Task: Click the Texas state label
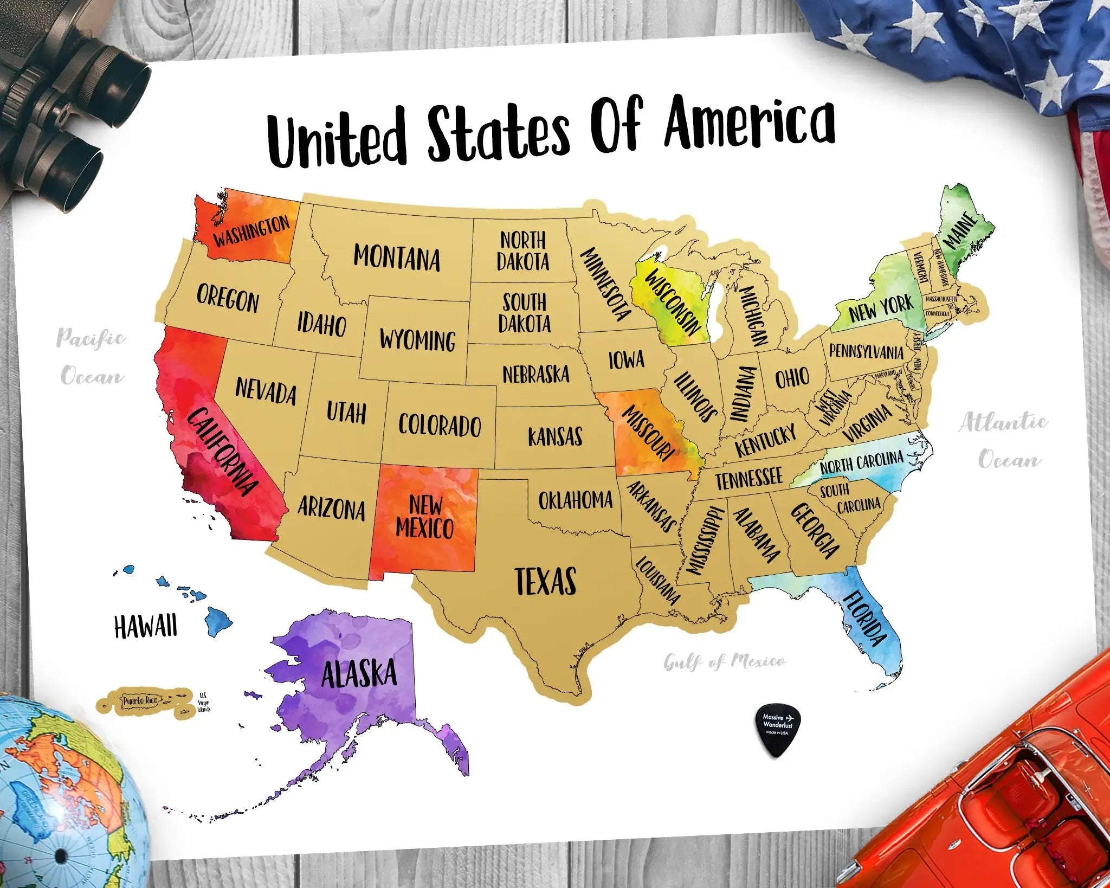click(x=545, y=581)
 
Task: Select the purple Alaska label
click(x=359, y=674)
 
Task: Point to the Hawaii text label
click(x=145, y=627)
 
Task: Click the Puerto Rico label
click(x=140, y=701)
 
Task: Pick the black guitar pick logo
click(x=778, y=724)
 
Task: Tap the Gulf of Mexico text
click(x=725, y=661)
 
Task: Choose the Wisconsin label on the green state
click(x=673, y=301)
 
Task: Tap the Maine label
click(x=961, y=230)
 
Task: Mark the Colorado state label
click(x=440, y=424)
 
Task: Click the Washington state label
click(x=251, y=231)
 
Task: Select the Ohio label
click(x=792, y=377)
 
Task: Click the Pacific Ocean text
click(x=92, y=356)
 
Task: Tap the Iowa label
click(x=627, y=359)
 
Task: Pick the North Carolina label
click(x=861, y=462)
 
